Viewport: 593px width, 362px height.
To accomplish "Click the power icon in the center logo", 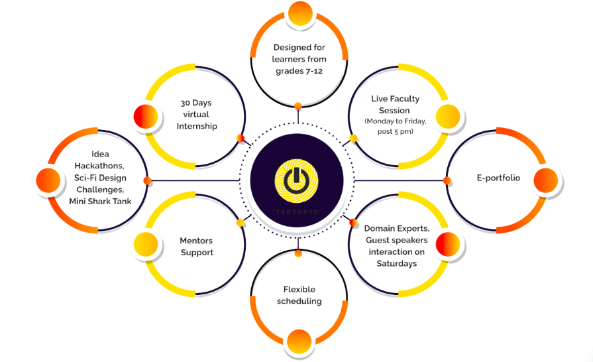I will point(297,178).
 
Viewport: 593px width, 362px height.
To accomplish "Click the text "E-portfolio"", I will point(498,178).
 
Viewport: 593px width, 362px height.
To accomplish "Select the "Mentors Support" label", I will point(196,247).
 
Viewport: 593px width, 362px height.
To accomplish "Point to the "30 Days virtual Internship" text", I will point(197,114).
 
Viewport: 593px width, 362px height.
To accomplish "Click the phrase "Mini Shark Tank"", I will point(101,202).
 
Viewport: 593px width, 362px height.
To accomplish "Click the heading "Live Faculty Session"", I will point(395,105).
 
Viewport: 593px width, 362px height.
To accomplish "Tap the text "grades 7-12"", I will point(298,71).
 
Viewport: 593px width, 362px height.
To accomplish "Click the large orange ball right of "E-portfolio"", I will point(545,180).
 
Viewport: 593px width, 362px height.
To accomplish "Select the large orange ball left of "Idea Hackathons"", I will point(48,180).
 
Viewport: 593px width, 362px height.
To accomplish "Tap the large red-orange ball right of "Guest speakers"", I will point(449,243).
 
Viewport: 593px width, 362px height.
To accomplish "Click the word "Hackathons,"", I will point(101,166).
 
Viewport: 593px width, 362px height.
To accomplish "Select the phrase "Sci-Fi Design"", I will point(101,178).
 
